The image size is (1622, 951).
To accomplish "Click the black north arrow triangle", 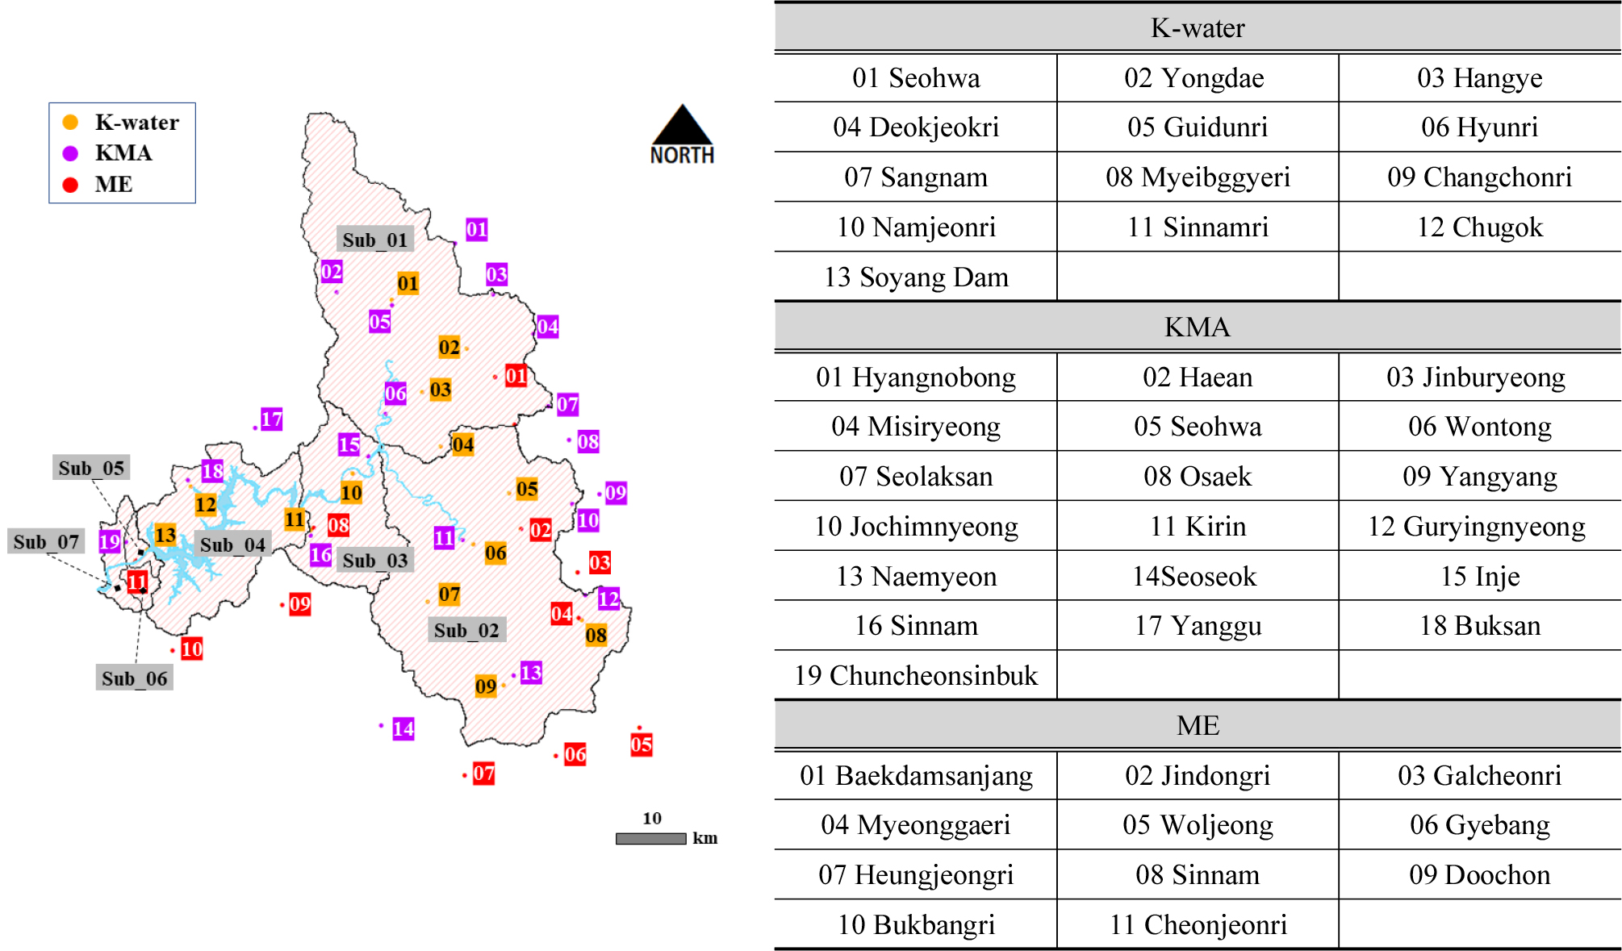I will pyautogui.click(x=682, y=127).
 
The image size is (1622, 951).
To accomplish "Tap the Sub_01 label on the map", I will pyautogui.click(x=374, y=240).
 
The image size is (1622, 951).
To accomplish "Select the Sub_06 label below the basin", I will pyautogui.click(x=134, y=678).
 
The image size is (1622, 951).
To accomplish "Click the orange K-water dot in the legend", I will pyautogui.click(x=71, y=122).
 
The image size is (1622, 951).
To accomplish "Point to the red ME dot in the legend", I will pyautogui.click(x=71, y=185).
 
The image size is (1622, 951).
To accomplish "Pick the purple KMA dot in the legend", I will pyautogui.click(x=71, y=153).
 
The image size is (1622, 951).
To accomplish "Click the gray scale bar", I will pyautogui.click(x=650, y=839).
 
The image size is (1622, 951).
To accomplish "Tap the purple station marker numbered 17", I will pyautogui.click(x=272, y=419).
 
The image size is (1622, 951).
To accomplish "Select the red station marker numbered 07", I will pyautogui.click(x=483, y=774).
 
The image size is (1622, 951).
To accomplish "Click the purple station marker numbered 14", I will pyautogui.click(x=403, y=729).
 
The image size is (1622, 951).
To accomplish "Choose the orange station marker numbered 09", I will pyautogui.click(x=485, y=686).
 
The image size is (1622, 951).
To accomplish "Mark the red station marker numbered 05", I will pyautogui.click(x=642, y=744).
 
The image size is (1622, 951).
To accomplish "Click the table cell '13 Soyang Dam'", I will pyautogui.click(x=916, y=277).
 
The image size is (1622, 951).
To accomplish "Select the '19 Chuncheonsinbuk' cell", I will pyautogui.click(x=916, y=676).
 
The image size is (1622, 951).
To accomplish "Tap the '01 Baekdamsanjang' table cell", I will pyautogui.click(x=916, y=776).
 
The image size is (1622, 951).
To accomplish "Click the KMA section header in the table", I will pyautogui.click(x=1198, y=327).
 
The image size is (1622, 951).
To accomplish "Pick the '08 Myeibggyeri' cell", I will pyautogui.click(x=1198, y=177).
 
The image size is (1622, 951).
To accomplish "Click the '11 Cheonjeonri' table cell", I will pyautogui.click(x=1198, y=925).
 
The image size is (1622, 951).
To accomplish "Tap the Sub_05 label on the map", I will pyautogui.click(x=91, y=468).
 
